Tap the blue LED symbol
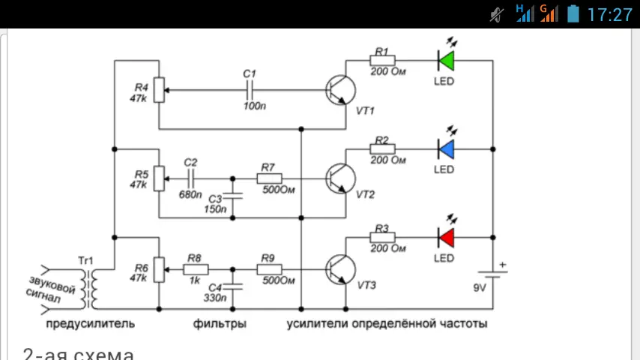(x=447, y=148)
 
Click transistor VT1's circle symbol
(x=341, y=90)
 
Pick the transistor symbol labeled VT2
(x=341, y=178)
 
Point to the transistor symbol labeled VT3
(x=341, y=268)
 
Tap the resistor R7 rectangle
(x=269, y=178)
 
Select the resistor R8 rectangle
(x=196, y=268)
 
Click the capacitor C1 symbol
(x=250, y=90)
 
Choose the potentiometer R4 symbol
(x=159, y=90)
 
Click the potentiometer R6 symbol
(x=159, y=268)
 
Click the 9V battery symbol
(x=493, y=274)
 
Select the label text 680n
(x=190, y=195)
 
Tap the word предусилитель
(x=90, y=324)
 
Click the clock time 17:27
(x=610, y=14)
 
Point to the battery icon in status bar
(x=573, y=13)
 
